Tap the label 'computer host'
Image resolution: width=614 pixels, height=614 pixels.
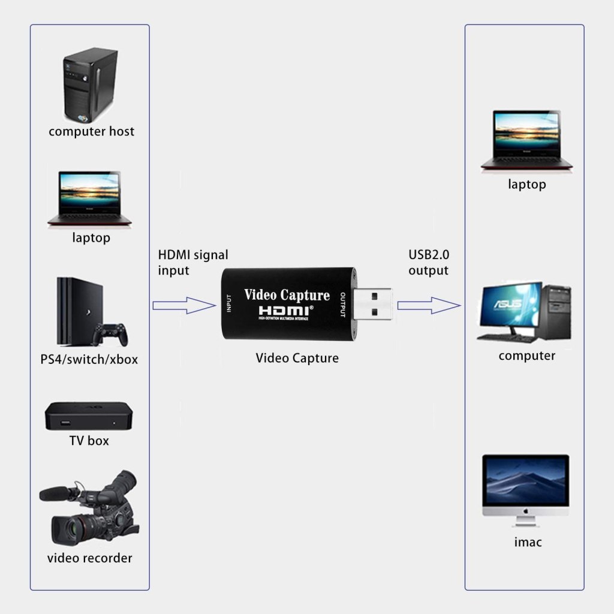click(91, 131)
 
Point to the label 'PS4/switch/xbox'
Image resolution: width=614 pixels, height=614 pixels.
click(89, 360)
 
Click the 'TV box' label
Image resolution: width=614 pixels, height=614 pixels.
click(89, 441)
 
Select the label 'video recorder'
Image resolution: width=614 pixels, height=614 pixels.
click(89, 558)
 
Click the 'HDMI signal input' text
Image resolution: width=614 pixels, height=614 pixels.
click(192, 263)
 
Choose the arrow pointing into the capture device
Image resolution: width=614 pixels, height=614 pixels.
click(183, 305)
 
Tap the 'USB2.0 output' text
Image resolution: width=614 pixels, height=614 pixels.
click(428, 263)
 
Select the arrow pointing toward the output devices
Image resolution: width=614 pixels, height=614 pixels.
click(429, 305)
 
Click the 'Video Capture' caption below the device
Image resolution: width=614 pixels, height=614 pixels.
click(297, 359)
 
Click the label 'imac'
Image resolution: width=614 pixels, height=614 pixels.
click(528, 543)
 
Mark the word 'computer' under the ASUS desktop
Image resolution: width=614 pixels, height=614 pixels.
click(526, 356)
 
